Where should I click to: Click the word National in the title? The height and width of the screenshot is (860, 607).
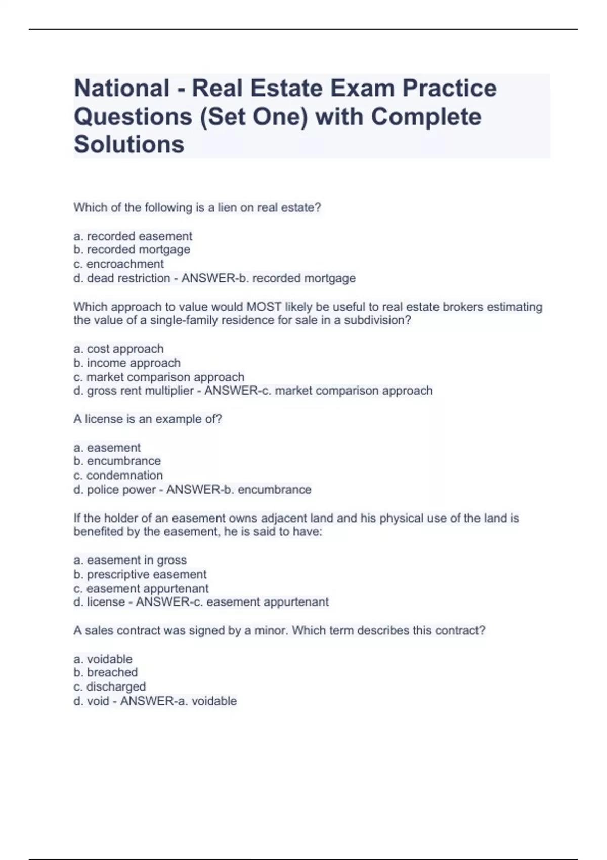coord(121,89)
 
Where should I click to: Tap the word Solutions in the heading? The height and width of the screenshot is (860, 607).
coord(129,145)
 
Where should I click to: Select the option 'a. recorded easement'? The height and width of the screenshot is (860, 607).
coord(133,236)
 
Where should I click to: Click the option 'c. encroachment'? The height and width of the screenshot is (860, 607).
coord(118,264)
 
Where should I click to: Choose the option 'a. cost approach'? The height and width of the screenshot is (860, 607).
coord(118,349)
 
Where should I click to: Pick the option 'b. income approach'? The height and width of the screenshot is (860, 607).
coord(126,363)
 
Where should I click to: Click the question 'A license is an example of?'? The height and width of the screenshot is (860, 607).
coord(147,419)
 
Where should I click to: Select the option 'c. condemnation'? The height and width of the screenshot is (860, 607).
coord(118,476)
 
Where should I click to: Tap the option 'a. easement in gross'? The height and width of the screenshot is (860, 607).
coord(130,560)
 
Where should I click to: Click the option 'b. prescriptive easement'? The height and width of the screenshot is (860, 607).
coord(140,574)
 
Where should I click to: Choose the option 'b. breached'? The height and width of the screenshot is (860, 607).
coord(105,672)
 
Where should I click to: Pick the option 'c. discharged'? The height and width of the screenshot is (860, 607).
coord(109,686)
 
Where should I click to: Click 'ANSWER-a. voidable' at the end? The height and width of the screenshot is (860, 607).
coord(178,701)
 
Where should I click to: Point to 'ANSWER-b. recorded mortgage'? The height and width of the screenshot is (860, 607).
coord(268,278)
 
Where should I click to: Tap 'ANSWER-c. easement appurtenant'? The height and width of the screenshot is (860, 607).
coord(232,602)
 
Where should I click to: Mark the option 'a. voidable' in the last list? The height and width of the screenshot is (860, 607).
coord(103,659)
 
